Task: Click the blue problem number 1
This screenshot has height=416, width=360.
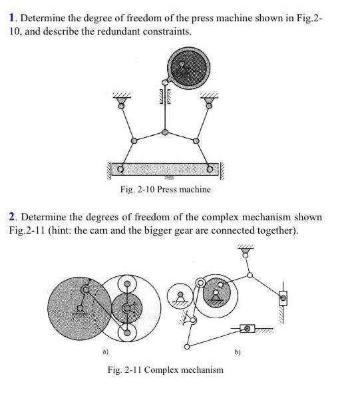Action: pyautogui.click(x=11, y=18)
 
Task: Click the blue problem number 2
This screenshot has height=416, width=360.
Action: pyautogui.click(x=12, y=217)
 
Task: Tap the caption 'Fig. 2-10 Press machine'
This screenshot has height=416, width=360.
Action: pyautogui.click(x=166, y=190)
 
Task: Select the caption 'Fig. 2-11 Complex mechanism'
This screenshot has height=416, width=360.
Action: pyautogui.click(x=166, y=369)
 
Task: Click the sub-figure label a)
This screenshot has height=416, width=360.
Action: pyautogui.click(x=105, y=352)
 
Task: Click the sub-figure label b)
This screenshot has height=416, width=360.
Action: pyautogui.click(x=238, y=352)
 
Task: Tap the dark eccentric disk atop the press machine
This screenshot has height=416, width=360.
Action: pyautogui.click(x=189, y=68)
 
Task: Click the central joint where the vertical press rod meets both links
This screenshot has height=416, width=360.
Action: pyautogui.click(x=165, y=132)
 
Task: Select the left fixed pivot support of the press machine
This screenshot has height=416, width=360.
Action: pyautogui.click(x=121, y=101)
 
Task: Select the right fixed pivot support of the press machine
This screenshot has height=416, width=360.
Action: pyautogui.click(x=210, y=101)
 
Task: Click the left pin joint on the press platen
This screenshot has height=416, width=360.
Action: pyautogui.click(x=120, y=169)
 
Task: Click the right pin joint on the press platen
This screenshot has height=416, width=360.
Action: pyautogui.click(x=210, y=169)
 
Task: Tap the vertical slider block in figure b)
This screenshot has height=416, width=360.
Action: pyautogui.click(x=283, y=298)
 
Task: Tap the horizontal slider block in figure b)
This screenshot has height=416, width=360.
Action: pyautogui.click(x=248, y=328)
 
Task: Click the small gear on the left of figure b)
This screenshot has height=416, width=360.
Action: pyautogui.click(x=180, y=296)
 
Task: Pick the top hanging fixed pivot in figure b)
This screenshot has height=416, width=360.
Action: pyautogui.click(x=246, y=252)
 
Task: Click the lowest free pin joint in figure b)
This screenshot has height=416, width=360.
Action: pyautogui.click(x=187, y=347)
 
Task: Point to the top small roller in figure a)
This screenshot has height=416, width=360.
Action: pyautogui.click(x=127, y=284)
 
